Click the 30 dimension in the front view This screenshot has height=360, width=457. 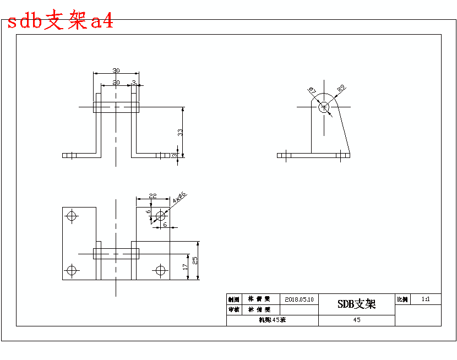coord(116,70)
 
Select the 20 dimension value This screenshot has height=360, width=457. coord(116,83)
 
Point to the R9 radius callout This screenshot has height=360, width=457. coord(341,88)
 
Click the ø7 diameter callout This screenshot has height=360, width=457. coord(312,90)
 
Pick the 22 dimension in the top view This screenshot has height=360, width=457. coord(153,196)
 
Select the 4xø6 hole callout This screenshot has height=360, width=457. coord(180,198)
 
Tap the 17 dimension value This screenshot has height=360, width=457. coord(186,266)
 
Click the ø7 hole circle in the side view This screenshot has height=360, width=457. coord(325,107)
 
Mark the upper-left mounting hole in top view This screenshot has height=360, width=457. coord(71,215)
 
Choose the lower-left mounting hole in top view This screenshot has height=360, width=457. coord(71,270)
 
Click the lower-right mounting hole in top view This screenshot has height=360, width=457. coord(161,270)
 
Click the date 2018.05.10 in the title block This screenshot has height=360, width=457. coord(300,299)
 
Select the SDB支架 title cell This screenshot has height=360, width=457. coord(356,304)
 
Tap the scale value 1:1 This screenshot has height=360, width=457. coord(426,299)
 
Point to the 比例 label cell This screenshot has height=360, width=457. coord(402,299)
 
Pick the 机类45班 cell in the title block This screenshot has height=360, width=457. coord(272,320)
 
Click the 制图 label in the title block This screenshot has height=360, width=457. coord(234,299)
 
